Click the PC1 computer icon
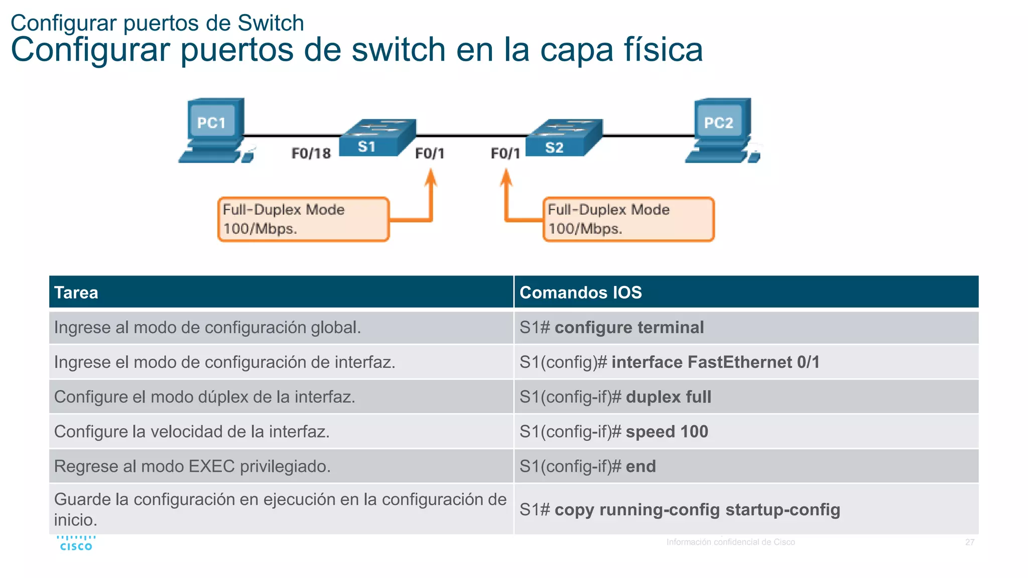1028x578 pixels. [215, 130]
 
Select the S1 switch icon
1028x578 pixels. [377, 137]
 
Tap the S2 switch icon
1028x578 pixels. [564, 137]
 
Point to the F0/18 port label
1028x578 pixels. [311, 153]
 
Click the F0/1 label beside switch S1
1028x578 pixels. [430, 153]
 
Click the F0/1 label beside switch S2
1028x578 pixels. [505, 153]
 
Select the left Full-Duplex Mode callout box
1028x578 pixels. [303, 219]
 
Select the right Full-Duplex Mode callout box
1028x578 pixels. [628, 219]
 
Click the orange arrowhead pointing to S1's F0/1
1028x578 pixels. [430, 178]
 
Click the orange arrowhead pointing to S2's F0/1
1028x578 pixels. [506, 178]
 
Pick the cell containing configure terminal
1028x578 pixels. [746, 328]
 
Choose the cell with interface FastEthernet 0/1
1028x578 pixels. [746, 362]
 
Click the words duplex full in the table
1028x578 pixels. [668, 397]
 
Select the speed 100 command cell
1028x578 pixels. [746, 431]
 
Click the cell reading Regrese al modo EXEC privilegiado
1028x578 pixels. [281, 466]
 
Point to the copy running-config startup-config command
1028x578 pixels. [697, 510]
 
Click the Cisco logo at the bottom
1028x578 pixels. [76, 543]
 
